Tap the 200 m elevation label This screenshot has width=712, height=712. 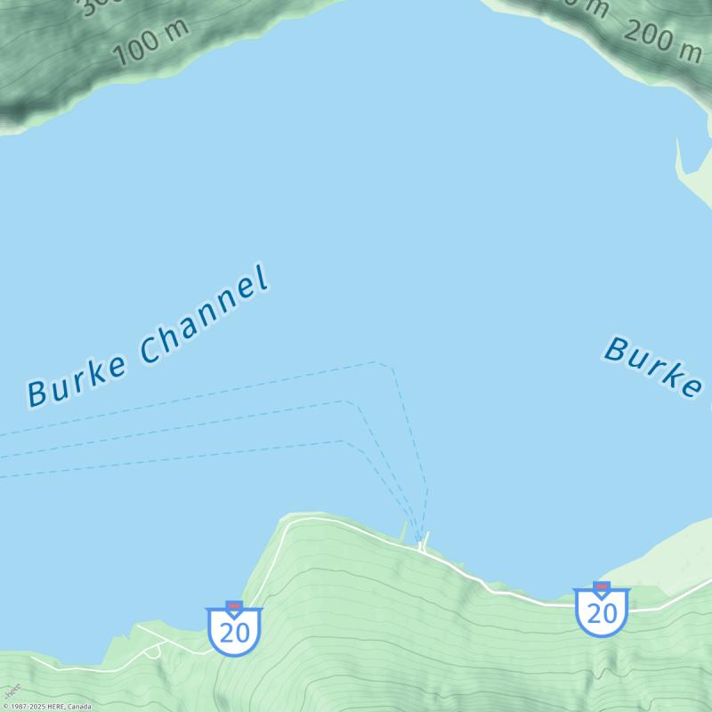tap(663, 40)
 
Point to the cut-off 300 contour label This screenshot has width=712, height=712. tap(89, 7)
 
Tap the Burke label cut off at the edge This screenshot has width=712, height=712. tap(654, 365)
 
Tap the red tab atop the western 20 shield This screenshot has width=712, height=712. tap(234, 606)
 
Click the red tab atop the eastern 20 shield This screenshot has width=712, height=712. tap(602, 587)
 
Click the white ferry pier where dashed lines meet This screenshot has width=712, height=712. tap(424, 542)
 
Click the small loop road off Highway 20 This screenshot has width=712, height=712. tap(152, 651)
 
